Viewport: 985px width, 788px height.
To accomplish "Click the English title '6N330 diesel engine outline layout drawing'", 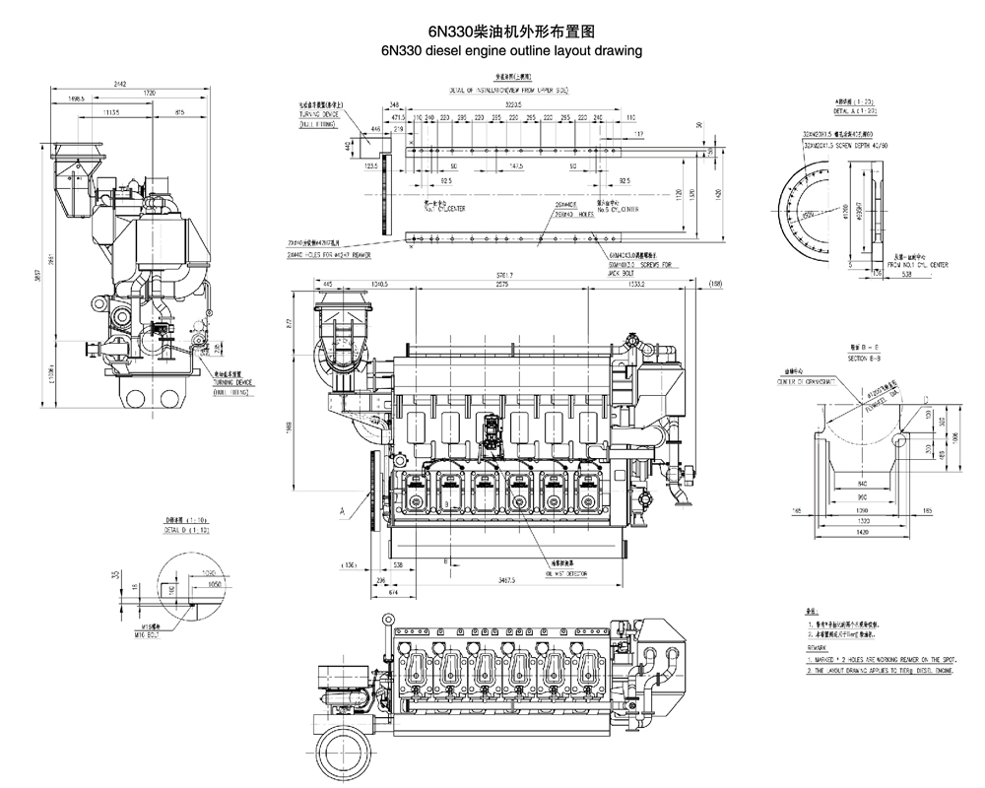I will tap(503, 49).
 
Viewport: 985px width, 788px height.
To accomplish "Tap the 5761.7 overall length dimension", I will tap(503, 274).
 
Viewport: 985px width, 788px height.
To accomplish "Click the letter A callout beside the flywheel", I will tap(341, 510).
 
